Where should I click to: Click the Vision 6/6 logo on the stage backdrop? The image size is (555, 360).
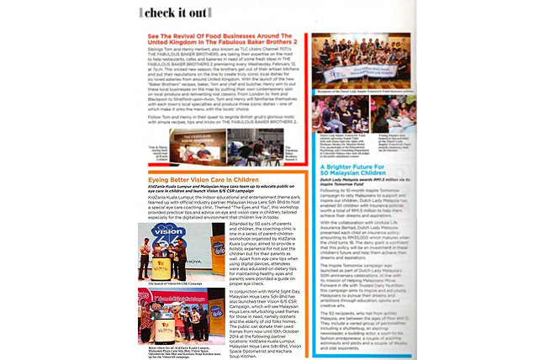(x=175, y=221)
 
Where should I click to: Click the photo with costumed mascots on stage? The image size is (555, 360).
(x=176, y=298)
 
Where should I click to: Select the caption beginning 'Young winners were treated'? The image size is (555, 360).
(x=395, y=167)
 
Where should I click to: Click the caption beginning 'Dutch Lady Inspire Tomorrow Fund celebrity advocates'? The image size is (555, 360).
(x=341, y=167)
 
